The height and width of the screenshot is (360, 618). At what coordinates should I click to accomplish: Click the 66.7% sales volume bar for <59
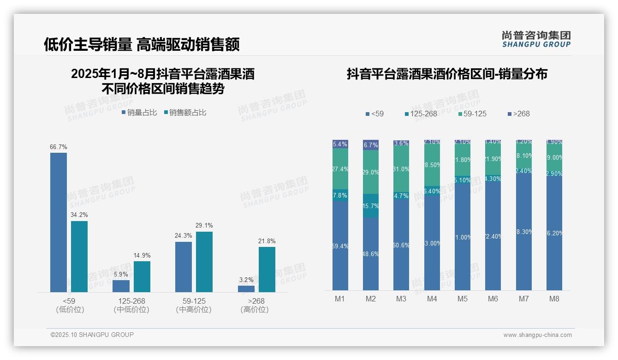59,222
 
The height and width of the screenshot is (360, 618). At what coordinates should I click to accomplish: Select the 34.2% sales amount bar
79,256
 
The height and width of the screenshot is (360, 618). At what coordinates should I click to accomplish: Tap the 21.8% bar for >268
267,269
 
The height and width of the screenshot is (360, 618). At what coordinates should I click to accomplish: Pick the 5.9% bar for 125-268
121,286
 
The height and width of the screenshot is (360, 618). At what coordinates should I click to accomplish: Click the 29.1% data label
203,226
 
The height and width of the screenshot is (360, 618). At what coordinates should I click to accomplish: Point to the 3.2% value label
246,280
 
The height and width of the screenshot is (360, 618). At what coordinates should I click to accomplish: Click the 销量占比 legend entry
139,113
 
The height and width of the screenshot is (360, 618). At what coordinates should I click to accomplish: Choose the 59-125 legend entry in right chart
472,114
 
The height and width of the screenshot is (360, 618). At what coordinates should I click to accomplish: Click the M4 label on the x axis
432,299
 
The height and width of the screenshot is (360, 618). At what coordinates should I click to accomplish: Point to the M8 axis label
554,299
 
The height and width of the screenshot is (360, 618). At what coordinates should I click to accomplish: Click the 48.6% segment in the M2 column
371,254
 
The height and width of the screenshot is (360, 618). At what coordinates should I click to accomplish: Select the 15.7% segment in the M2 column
371,206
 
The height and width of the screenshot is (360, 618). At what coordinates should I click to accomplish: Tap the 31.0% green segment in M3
401,169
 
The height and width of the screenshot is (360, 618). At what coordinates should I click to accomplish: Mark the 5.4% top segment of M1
340,144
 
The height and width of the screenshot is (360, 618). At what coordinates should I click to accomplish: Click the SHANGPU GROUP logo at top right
536,39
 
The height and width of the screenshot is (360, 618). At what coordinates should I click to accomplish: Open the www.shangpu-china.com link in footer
537,335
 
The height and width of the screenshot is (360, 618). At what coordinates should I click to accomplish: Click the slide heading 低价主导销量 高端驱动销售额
142,44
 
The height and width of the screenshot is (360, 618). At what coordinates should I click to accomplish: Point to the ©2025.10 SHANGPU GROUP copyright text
92,335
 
